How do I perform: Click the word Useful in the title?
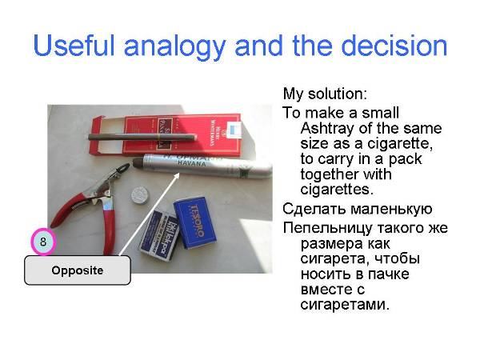(74, 46)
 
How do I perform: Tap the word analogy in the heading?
(175, 48)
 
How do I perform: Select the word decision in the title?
(394, 46)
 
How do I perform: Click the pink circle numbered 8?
(43, 242)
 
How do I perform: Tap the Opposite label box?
(78, 270)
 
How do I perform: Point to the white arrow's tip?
(179, 173)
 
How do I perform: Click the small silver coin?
(140, 195)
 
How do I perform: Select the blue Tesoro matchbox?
(194, 222)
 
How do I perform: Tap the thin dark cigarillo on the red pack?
(142, 137)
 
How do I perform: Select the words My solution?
(325, 94)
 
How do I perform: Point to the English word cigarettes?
(337, 189)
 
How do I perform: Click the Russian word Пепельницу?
(327, 228)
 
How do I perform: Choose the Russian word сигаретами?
(345, 304)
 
